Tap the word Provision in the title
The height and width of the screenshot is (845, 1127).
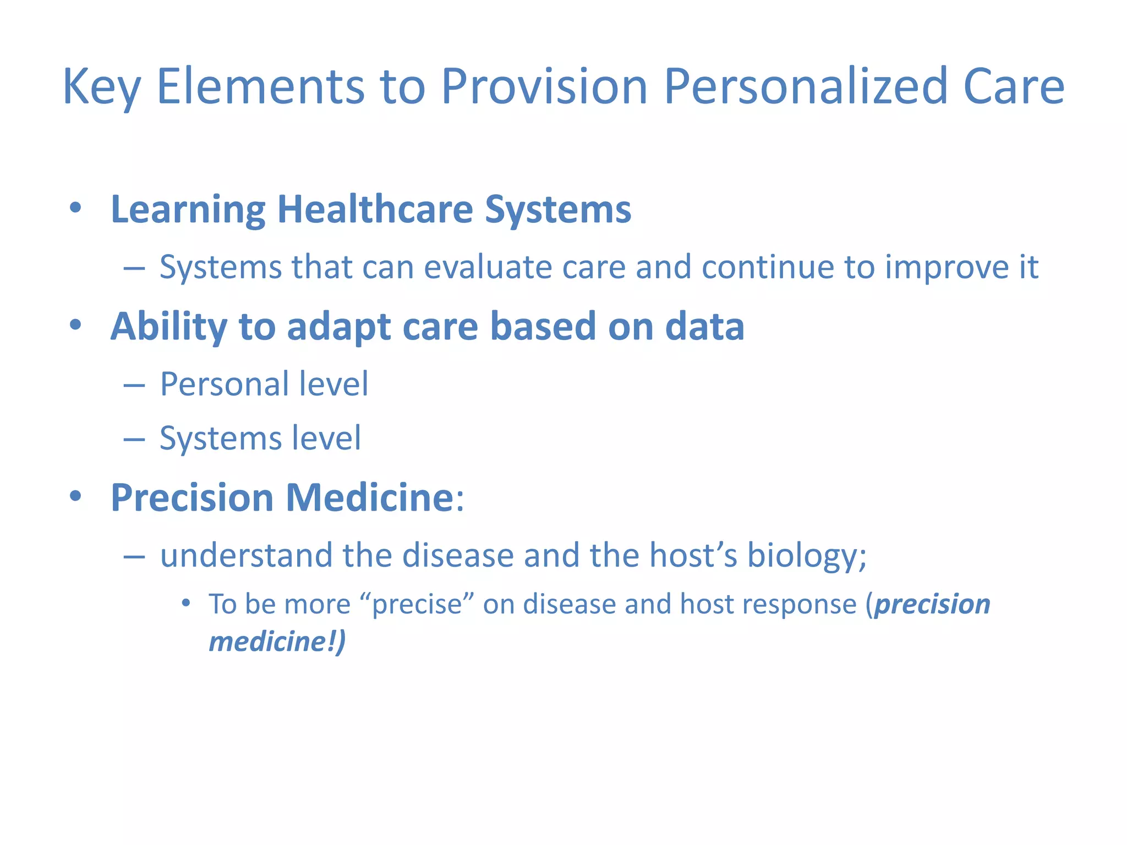[544, 87]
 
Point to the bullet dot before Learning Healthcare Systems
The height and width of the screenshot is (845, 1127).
[75, 208]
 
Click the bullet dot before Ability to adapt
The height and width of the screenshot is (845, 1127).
[75, 325]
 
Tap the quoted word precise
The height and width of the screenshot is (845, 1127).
[417, 605]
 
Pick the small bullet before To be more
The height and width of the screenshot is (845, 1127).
[186, 603]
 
